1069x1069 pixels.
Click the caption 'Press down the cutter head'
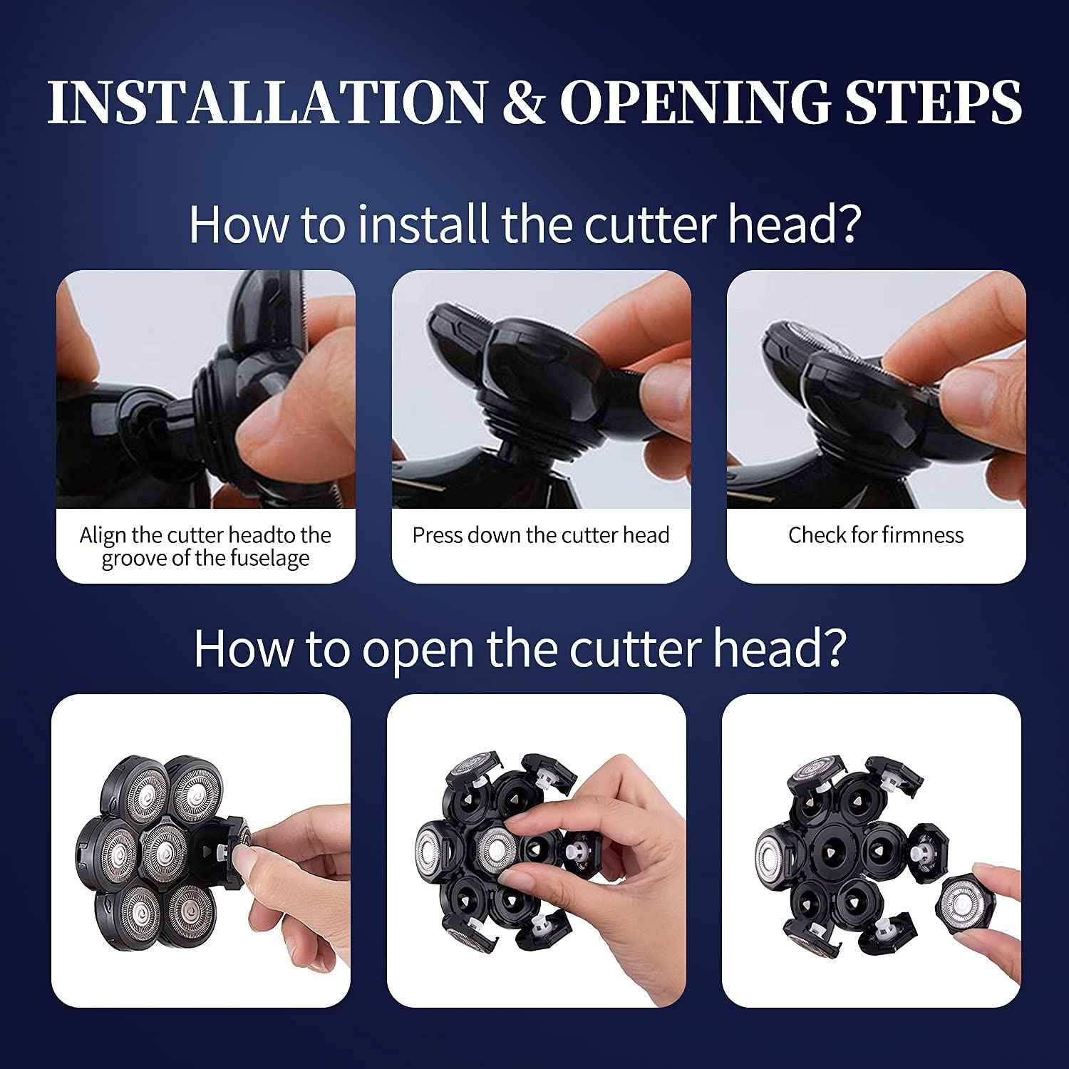point(541,535)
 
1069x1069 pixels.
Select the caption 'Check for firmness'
point(876,535)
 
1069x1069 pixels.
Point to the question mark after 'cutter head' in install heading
point(848,224)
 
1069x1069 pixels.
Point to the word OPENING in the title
point(695,102)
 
